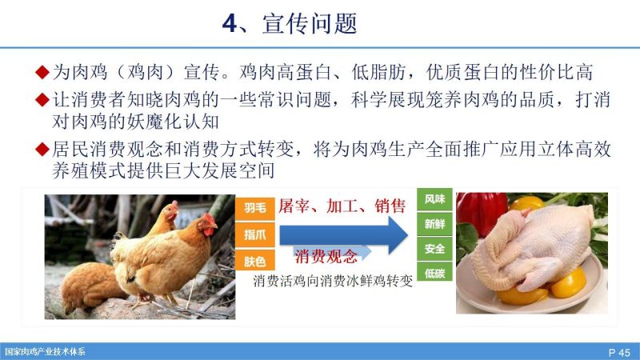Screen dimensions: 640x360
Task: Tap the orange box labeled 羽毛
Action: pos(255,208)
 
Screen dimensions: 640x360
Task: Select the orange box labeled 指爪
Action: pos(255,234)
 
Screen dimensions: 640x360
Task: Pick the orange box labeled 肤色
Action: pos(255,261)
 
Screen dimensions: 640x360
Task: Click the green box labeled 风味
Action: pos(434,199)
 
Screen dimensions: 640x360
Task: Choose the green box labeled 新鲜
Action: pos(434,224)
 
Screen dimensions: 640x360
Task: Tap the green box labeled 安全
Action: pos(434,249)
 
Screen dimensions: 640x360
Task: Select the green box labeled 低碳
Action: pos(434,273)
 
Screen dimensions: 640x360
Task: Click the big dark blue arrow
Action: pos(344,235)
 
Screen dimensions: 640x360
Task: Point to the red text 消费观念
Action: pos(326,256)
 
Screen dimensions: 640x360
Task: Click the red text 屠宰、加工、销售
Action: pos(342,206)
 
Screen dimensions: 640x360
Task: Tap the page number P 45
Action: pos(619,352)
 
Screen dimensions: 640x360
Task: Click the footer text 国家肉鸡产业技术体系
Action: pos(45,352)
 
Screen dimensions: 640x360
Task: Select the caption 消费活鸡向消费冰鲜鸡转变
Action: pos(333,282)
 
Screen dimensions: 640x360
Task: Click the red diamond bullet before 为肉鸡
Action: pos(42,72)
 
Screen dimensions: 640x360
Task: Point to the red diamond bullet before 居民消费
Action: pos(42,149)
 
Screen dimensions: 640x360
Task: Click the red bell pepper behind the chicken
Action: pos(482,212)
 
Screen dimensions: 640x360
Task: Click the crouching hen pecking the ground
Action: pos(90,286)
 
